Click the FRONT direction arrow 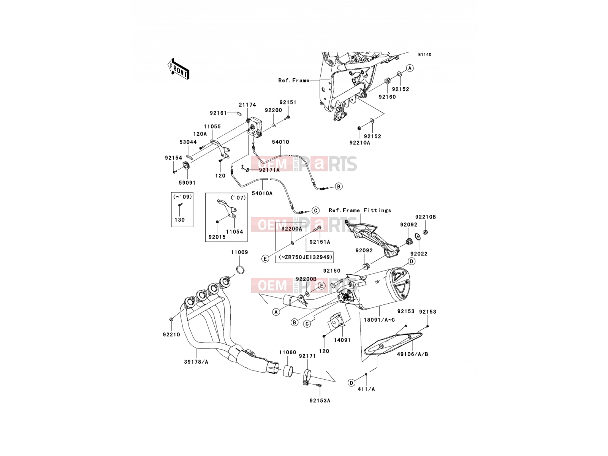point(178,69)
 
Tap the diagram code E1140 point(424,55)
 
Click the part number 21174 point(247,105)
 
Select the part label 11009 point(240,252)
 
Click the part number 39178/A point(196,362)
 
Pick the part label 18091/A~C point(379,320)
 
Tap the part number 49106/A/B point(412,354)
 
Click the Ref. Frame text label point(294,80)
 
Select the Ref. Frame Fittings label point(360,210)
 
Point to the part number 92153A point(320,401)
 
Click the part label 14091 point(342,340)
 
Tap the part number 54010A point(262,193)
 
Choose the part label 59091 point(187,183)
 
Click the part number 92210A point(360,142)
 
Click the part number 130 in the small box point(179,220)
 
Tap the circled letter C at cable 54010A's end point(315,211)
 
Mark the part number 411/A point(366,389)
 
